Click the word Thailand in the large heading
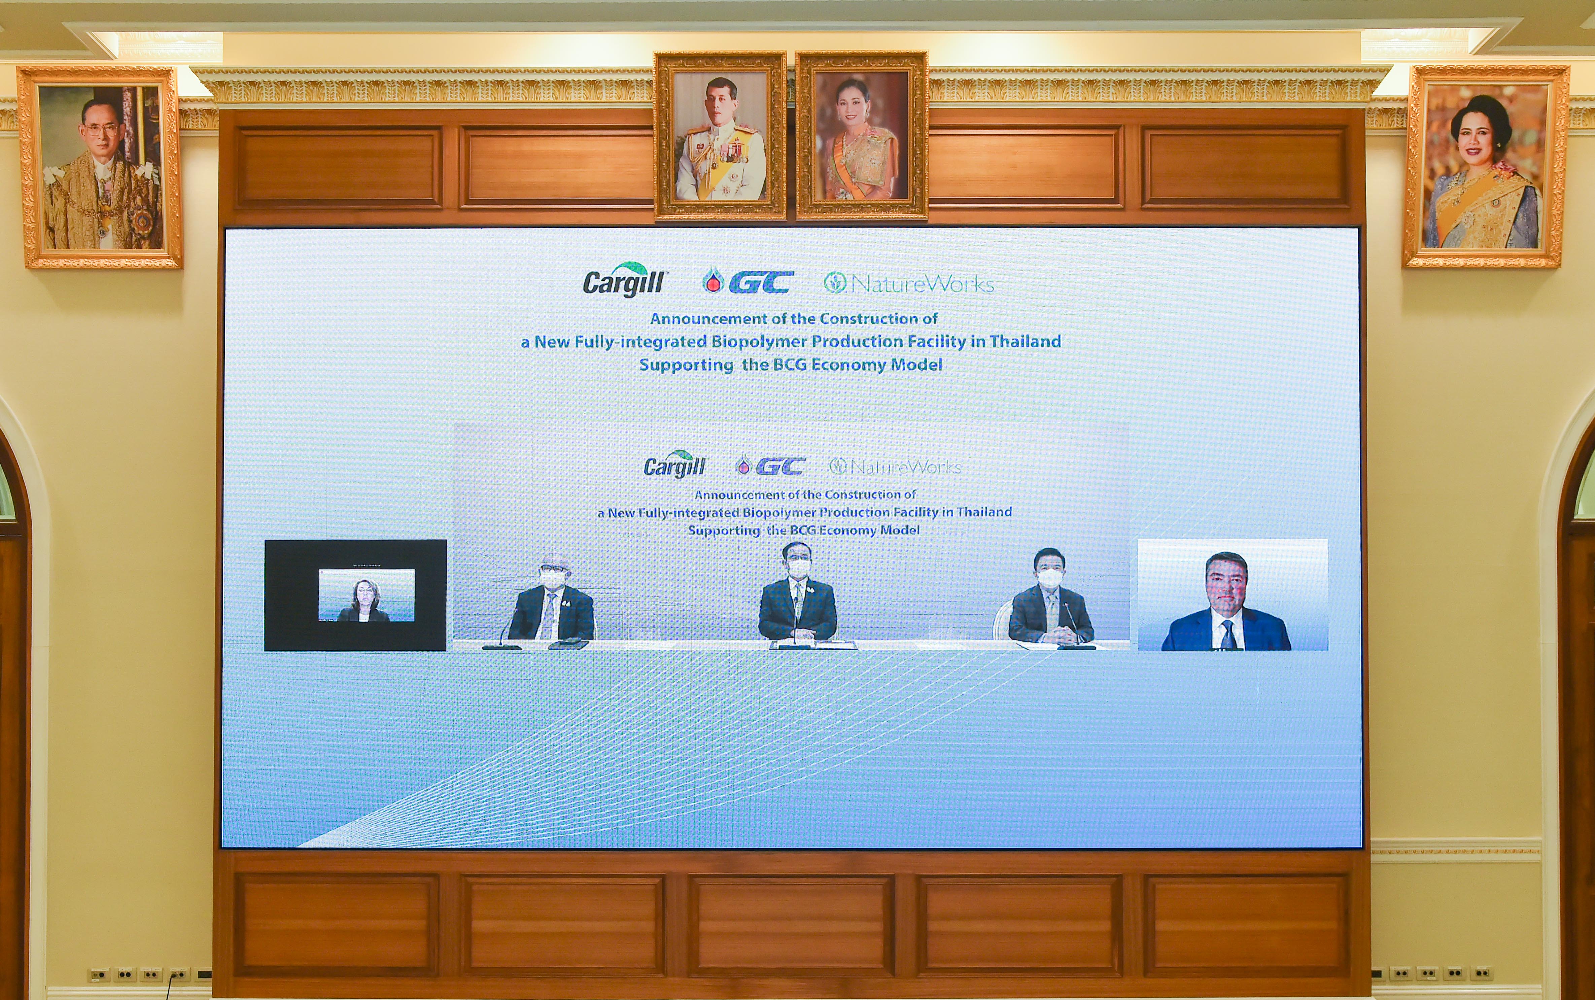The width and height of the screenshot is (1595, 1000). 1025,341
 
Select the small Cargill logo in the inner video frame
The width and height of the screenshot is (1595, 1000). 674,464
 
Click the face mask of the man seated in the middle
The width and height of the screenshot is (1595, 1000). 798,568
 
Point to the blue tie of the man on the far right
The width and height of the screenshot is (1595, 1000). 1228,634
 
